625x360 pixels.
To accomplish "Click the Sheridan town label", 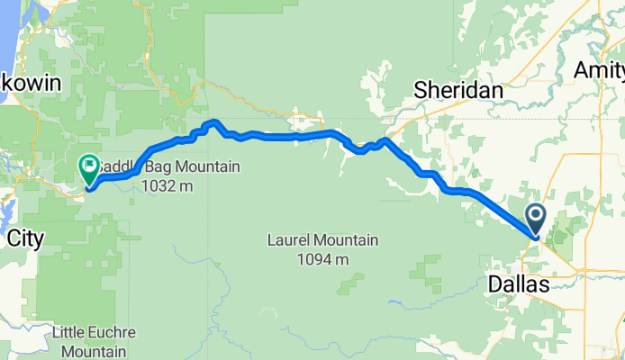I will [x=457, y=88].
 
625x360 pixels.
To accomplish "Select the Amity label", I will [x=600, y=69].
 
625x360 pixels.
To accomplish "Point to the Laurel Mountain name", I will [x=322, y=240].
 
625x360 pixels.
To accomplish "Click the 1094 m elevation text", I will [x=322, y=259].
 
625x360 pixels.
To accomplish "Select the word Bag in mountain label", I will [x=145, y=166].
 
